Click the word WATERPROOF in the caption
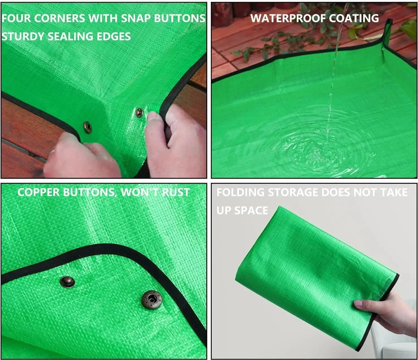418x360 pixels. [x=288, y=18]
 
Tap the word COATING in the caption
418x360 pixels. [x=354, y=18]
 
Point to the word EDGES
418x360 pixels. [x=114, y=37]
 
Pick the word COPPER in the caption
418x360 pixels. [x=39, y=192]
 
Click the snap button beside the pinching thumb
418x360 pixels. [x=139, y=113]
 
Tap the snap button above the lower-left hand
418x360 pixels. [x=88, y=128]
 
